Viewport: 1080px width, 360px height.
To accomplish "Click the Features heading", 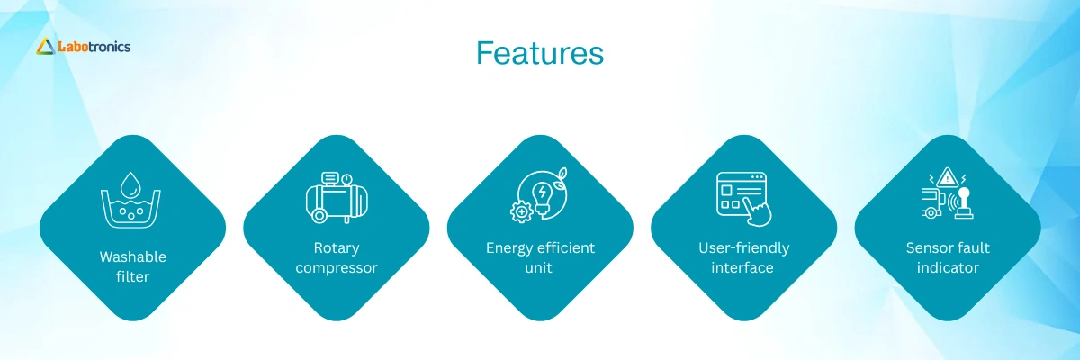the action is tap(539, 52).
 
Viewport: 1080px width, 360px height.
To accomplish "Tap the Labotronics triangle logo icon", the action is tap(46, 47).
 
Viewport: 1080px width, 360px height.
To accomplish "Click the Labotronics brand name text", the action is tap(94, 47).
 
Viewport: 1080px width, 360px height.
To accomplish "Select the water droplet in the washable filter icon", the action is tap(130, 184).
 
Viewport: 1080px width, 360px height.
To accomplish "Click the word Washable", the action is tap(132, 256).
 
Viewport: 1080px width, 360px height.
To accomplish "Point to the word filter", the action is tap(132, 276).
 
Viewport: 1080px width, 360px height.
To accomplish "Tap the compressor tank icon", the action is tap(337, 198).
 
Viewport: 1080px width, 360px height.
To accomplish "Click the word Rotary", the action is tap(337, 248).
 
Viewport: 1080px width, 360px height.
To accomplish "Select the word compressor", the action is tap(337, 268).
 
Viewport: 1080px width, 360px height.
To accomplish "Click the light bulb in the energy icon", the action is tap(542, 197).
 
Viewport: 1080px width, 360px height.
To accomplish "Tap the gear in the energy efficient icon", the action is tap(521, 212).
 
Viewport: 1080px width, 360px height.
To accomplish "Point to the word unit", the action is tap(538, 267).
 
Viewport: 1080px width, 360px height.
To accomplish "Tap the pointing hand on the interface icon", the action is tap(758, 211).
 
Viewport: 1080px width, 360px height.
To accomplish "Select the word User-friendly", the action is tap(744, 248).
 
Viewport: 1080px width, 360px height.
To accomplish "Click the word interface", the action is tap(742, 267).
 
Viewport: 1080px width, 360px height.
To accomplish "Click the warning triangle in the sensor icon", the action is tap(948, 177).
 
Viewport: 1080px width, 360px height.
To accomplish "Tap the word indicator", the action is tap(948, 267).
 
